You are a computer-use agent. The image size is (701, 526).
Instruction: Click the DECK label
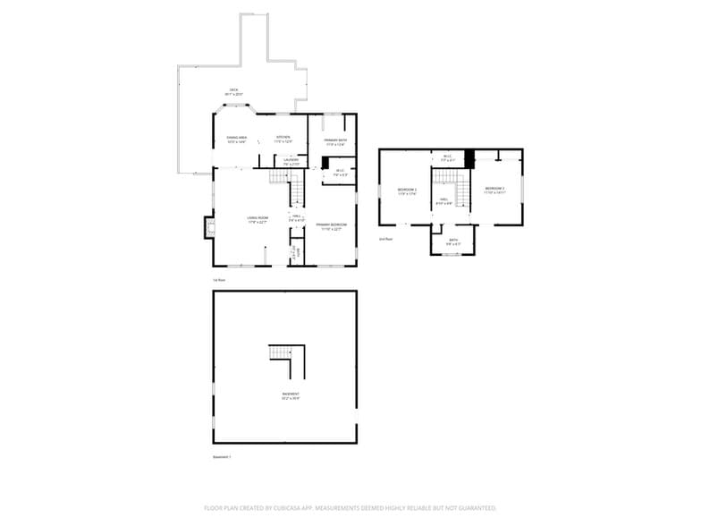click(x=233, y=90)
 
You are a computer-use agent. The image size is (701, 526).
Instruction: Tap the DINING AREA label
click(x=236, y=138)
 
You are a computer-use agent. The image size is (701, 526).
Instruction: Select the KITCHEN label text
click(x=283, y=137)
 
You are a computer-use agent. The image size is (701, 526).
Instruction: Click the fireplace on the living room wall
click(x=209, y=229)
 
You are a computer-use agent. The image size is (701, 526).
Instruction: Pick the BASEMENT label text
click(x=291, y=394)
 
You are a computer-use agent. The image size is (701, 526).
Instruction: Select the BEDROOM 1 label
click(x=408, y=188)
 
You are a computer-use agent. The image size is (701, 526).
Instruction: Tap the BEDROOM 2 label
click(x=495, y=188)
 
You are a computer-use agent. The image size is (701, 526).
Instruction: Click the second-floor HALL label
click(x=443, y=199)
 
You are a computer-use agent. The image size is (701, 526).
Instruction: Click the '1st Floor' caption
click(x=218, y=280)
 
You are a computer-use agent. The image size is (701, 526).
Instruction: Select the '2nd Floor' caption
click(x=386, y=239)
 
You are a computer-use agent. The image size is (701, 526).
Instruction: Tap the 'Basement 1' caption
click(x=222, y=457)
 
